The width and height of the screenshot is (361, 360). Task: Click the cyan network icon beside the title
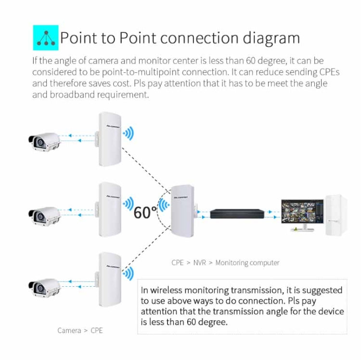pyautogui.click(x=45, y=38)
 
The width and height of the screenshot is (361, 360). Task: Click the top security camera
pyautogui.click(x=44, y=141)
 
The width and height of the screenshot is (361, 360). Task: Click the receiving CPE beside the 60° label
pyautogui.click(x=183, y=209)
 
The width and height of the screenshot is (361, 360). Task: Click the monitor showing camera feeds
pyautogui.click(x=302, y=213)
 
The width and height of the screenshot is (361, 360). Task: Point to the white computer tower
pyautogui.click(x=336, y=215)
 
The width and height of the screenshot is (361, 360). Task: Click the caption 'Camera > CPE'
pyautogui.click(x=80, y=331)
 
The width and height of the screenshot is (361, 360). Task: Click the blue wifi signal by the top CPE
pyautogui.click(x=128, y=133)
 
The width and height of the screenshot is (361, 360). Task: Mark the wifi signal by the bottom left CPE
pyautogui.click(x=128, y=274)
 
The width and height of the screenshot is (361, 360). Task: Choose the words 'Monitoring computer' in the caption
pyautogui.click(x=247, y=263)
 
